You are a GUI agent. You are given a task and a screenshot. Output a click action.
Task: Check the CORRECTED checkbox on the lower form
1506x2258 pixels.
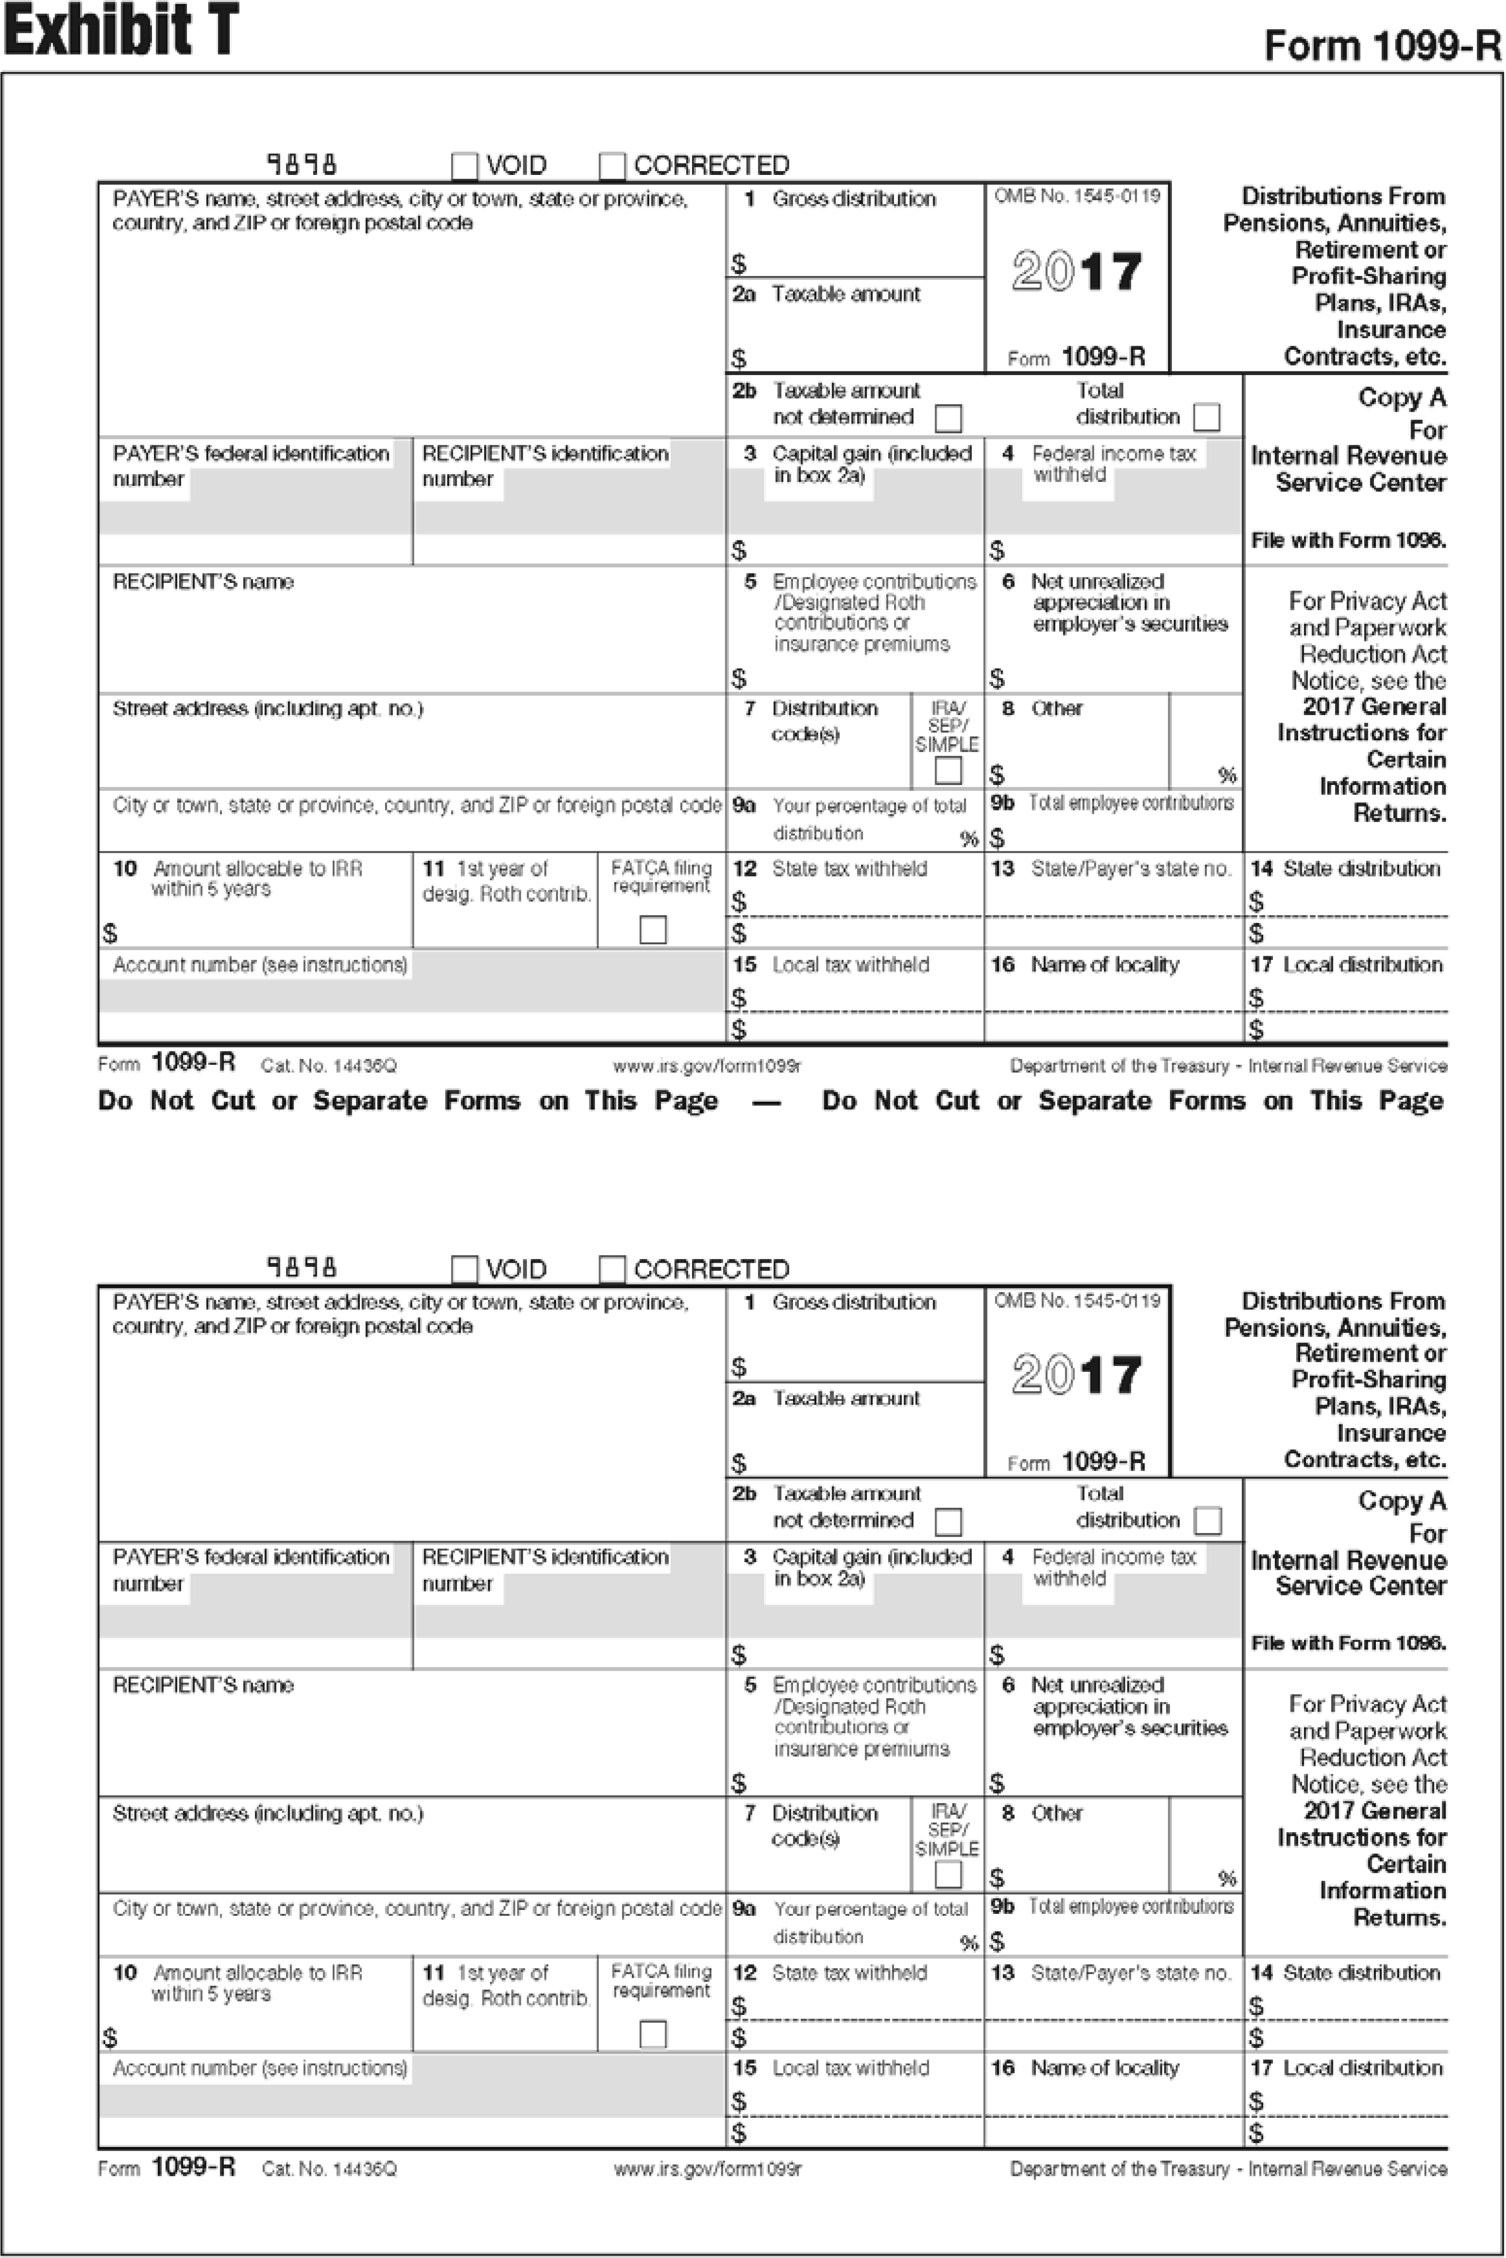coord(612,1270)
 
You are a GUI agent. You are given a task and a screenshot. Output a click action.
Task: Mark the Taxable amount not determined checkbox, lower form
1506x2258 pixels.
coord(948,1522)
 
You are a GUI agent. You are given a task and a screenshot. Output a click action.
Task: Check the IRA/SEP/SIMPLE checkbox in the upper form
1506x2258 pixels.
coord(948,770)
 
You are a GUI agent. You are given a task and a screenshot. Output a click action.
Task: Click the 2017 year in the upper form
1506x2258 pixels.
coord(1077,272)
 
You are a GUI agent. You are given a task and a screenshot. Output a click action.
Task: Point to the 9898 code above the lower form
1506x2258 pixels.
coord(302,1268)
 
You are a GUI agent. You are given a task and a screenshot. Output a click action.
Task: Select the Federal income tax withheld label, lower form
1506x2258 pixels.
coord(1113,1567)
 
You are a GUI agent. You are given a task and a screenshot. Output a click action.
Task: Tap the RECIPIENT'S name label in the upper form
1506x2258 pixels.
coord(203,582)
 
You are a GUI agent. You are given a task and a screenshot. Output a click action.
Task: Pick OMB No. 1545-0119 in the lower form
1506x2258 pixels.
coord(1077,1301)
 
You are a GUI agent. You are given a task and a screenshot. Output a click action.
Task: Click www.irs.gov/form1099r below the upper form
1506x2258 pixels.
coord(707,1066)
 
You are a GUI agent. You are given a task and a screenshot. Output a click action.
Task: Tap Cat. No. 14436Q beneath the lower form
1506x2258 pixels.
coord(328,2170)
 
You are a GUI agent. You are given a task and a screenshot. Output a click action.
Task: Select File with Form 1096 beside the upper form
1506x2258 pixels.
coord(1347,541)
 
